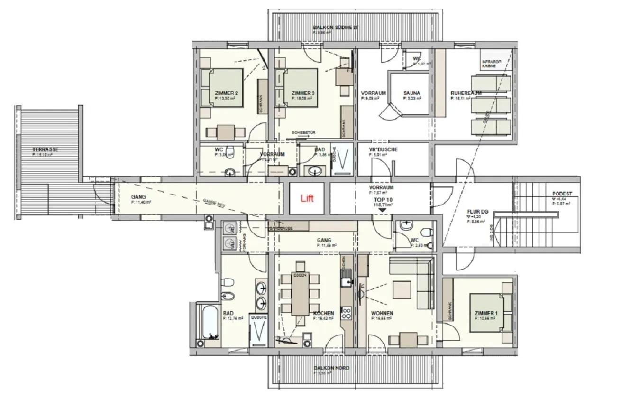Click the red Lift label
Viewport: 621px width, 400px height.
pos(307,199)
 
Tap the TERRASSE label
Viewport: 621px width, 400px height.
pos(46,149)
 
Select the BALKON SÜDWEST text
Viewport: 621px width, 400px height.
pos(336,28)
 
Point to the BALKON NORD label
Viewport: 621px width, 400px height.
pos(331,368)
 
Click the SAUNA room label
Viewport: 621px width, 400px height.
pos(412,93)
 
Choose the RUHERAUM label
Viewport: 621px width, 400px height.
pos(466,93)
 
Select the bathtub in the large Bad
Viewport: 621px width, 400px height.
pos(208,322)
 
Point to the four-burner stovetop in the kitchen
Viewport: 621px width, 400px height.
pos(347,313)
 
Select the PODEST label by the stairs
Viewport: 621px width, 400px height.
pos(562,194)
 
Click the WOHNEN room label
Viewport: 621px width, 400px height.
pos(382,314)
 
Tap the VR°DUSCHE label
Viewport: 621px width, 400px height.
pos(384,149)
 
